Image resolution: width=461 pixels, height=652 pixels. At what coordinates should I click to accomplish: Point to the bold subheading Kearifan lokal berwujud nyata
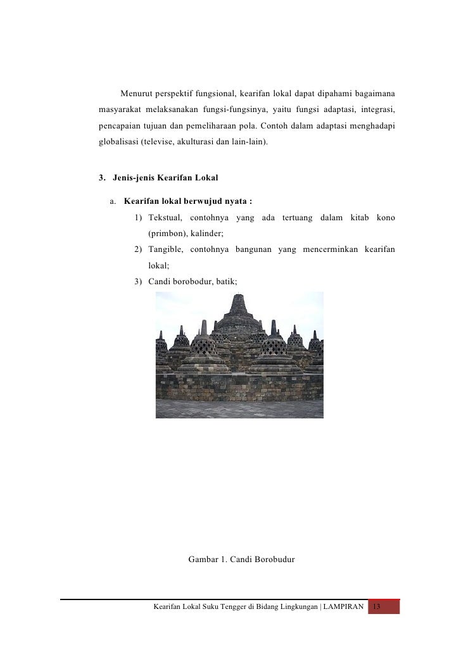point(188,202)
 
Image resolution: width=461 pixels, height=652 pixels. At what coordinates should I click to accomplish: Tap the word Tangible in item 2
point(166,250)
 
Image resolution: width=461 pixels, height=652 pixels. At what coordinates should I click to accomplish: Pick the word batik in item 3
point(225,280)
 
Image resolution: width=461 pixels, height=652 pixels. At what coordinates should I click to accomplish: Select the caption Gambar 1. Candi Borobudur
point(241,560)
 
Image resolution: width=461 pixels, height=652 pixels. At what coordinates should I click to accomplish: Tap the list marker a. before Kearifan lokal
point(113,202)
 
